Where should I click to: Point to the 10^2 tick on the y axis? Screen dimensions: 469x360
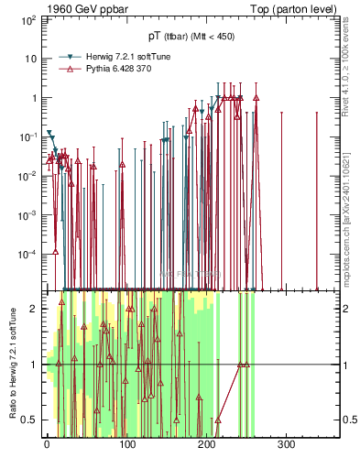[29, 19]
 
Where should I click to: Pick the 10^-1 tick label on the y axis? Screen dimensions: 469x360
[29, 136]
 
